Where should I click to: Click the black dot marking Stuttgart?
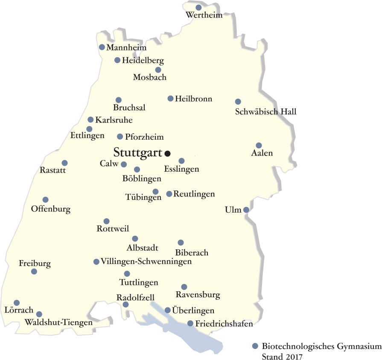pyautogui.click(x=168, y=153)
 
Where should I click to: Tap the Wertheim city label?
pyautogui.click(x=204, y=16)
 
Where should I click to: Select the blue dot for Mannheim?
pyautogui.click(x=102, y=47)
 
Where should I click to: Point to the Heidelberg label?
pyautogui.click(x=143, y=61)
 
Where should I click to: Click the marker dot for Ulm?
pyautogui.click(x=246, y=210)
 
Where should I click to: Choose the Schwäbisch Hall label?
pyautogui.click(x=265, y=112)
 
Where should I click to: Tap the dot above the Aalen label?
pyautogui.click(x=259, y=145)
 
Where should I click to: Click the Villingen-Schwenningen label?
pyautogui.click(x=146, y=261)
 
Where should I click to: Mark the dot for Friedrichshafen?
pyautogui.click(x=190, y=324)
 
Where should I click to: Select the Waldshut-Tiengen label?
pyautogui.click(x=59, y=322)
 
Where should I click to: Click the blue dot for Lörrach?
pyautogui.click(x=17, y=303)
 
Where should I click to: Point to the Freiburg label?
pyautogui.click(x=35, y=263)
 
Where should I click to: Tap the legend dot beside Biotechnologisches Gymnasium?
pyautogui.click(x=255, y=346)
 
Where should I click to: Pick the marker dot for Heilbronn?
pyautogui.click(x=170, y=99)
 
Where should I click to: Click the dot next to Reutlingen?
pyautogui.click(x=169, y=194)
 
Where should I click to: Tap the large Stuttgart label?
pyautogui.click(x=137, y=152)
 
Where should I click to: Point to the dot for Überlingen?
pyautogui.click(x=168, y=310)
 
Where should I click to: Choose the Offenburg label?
pyautogui.click(x=51, y=209)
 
